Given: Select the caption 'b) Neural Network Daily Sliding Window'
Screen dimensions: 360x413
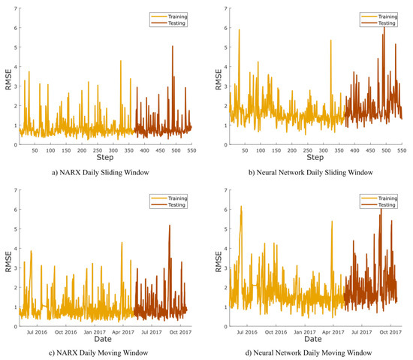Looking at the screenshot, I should [x=313, y=171].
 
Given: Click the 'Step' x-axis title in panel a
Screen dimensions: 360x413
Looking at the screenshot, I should [x=106, y=157].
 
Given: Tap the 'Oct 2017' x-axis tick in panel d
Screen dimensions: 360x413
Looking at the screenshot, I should [x=390, y=331].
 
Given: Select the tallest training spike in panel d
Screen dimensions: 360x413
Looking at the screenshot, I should [x=241, y=207].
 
